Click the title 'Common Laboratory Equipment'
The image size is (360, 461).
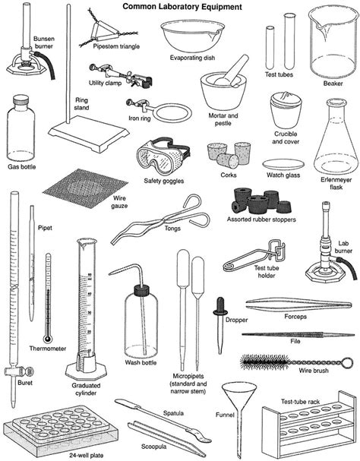[x=182, y=7]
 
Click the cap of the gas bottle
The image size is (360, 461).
[x=21, y=100]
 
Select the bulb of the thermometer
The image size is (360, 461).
[x=48, y=339]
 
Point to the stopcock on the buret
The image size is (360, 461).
[x=18, y=372]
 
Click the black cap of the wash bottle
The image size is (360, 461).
[x=142, y=290]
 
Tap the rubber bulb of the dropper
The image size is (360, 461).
[x=220, y=306]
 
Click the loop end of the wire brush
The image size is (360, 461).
[x=348, y=362]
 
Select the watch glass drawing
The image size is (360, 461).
[x=283, y=164]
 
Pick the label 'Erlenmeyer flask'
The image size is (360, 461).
[x=336, y=183]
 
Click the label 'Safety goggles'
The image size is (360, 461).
[x=164, y=181]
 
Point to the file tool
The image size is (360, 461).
[x=298, y=335]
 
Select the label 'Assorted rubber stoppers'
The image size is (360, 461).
[x=261, y=219]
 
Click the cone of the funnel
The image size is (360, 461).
[x=239, y=394]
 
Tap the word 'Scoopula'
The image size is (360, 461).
[x=154, y=447]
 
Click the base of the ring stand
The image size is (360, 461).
[x=89, y=133]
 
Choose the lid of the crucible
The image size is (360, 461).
[x=286, y=99]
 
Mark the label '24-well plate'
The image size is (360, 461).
[x=87, y=456]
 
